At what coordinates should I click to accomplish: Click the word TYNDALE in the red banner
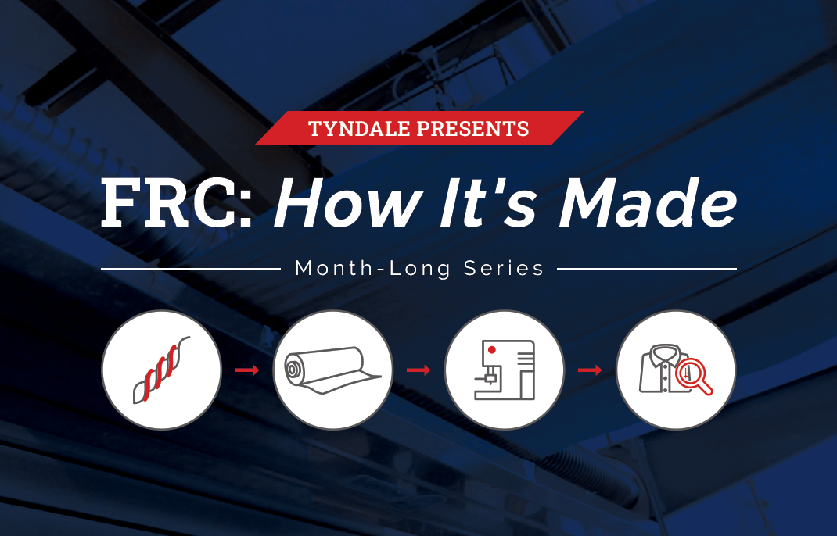pyautogui.click(x=359, y=129)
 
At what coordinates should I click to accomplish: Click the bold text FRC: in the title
pyautogui.click(x=177, y=202)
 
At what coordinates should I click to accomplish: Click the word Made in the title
pyautogui.click(x=648, y=202)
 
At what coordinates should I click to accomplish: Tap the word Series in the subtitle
pyautogui.click(x=504, y=268)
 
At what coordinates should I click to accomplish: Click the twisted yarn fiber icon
pyautogui.click(x=162, y=370)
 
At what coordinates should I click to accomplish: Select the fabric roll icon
pyautogui.click(x=332, y=370)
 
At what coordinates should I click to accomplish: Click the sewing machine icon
pyautogui.click(x=505, y=370)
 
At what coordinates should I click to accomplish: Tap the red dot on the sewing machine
pyautogui.click(x=491, y=349)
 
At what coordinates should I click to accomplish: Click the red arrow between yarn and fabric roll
pyautogui.click(x=247, y=370)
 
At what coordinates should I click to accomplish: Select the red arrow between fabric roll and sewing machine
pyautogui.click(x=419, y=370)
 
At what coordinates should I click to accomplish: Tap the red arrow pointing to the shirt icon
pyautogui.click(x=590, y=370)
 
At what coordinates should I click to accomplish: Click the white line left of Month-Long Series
pyautogui.click(x=191, y=269)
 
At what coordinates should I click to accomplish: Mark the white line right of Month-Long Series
pyautogui.click(x=646, y=269)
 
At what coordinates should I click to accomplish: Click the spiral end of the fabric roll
pyautogui.click(x=293, y=369)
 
